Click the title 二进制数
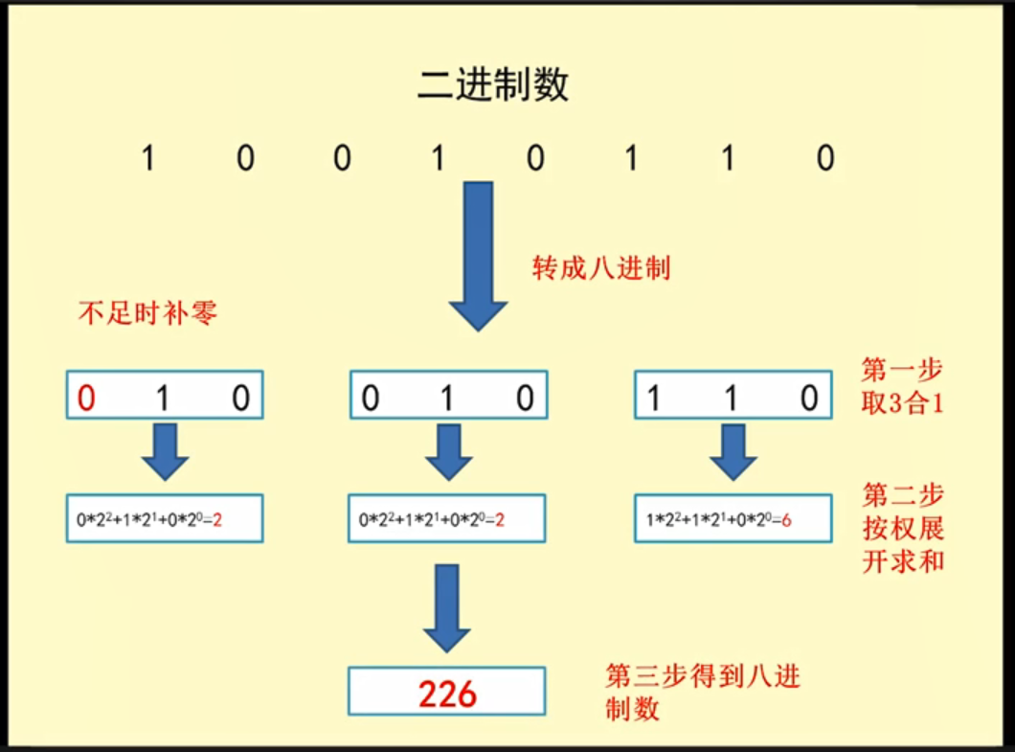493,84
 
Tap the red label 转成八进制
600,267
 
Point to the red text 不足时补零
147,312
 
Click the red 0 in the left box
86,398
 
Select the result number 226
447,693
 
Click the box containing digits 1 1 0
733,396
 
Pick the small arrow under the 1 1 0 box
733,451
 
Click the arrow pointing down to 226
447,606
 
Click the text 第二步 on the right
903,496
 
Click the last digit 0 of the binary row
825,158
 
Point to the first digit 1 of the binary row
147,158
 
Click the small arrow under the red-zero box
165,451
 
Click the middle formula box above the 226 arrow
447,519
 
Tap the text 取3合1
903,402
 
